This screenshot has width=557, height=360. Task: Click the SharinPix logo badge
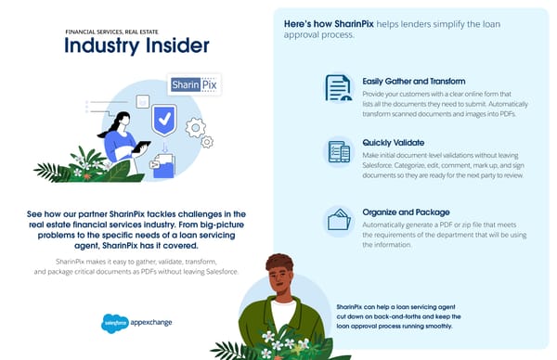[x=193, y=86]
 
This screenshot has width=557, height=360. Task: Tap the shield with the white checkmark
[x=164, y=119]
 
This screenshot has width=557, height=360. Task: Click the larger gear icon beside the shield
[x=207, y=142]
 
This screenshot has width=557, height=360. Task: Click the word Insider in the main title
[x=170, y=45]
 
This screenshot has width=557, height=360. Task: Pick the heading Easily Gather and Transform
[x=414, y=81]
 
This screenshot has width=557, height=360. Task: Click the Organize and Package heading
[x=407, y=212]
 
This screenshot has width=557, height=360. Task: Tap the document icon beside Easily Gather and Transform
[x=338, y=88]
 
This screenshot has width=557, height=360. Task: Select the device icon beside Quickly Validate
[x=338, y=151]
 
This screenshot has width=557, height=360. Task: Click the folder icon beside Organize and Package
[x=338, y=220]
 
